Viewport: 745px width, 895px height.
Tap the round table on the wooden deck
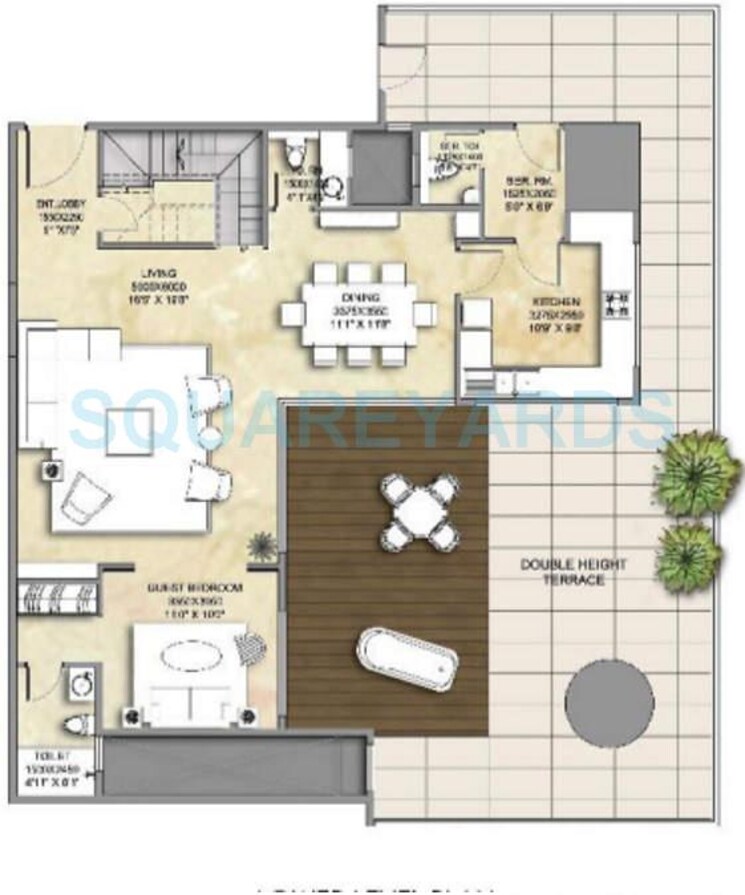[x=419, y=512]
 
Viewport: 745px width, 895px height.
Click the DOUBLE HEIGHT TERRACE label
[x=574, y=571]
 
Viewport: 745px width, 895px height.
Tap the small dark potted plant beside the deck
[x=263, y=546]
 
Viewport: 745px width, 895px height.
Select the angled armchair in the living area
[x=88, y=494]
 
